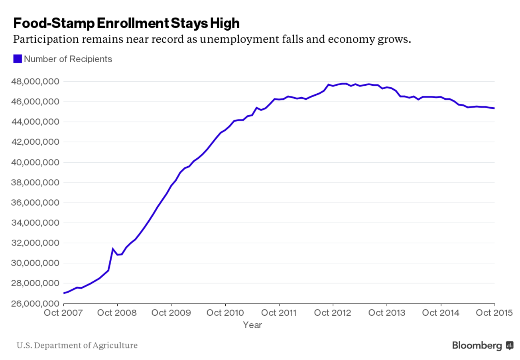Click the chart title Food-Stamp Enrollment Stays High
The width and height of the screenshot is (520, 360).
126,23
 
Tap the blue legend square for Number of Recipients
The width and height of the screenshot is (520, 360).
17,59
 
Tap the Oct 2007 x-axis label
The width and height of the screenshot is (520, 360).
63,313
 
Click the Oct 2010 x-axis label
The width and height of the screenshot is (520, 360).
225,313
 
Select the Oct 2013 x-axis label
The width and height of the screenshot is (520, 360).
387,313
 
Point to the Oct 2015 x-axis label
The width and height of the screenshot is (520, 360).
494,313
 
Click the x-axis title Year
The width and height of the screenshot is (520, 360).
252,325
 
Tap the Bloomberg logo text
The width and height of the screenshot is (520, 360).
477,345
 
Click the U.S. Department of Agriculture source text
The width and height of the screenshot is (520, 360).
77,345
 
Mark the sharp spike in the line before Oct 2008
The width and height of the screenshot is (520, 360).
113,249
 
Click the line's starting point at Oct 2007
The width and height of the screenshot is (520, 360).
64,293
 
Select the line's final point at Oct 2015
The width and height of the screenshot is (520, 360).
494,108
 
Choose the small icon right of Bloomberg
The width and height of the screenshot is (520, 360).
510,345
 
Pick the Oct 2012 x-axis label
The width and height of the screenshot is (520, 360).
333,313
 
